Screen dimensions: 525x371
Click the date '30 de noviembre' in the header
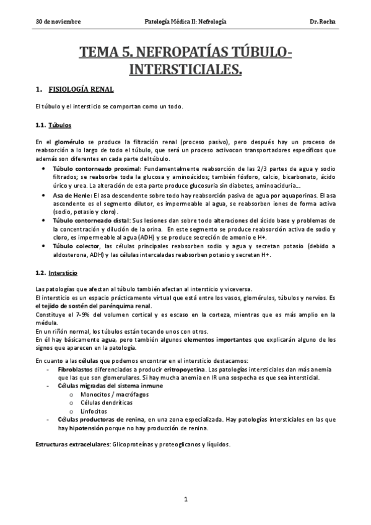pos(58,22)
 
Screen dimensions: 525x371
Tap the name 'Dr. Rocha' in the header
pos(322,22)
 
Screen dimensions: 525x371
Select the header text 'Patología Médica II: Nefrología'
pos(185,22)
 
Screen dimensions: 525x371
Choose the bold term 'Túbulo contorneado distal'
pos(92,220)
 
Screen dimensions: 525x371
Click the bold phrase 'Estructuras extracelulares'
pos(72,445)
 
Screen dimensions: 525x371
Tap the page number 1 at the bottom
pos(185,499)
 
